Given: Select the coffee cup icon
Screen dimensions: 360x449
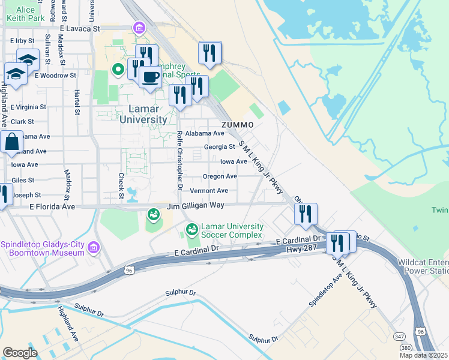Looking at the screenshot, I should pyautogui.click(x=150, y=77).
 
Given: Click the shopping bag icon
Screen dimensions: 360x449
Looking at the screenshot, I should pyautogui.click(x=11, y=143).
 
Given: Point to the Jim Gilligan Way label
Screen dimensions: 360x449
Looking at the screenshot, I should pyautogui.click(x=196, y=205).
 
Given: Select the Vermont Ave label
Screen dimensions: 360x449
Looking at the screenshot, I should pyautogui.click(x=209, y=191).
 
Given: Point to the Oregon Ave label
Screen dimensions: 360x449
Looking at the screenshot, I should pyautogui.click(x=220, y=176).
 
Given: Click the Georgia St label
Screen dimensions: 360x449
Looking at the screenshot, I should pyautogui.click(x=219, y=146).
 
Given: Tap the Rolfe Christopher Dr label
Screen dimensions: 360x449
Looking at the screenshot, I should pyautogui.click(x=179, y=160).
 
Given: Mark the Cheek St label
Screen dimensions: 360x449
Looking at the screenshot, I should pyautogui.click(x=121, y=185).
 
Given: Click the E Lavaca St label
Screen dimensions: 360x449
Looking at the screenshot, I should pyautogui.click(x=79, y=28).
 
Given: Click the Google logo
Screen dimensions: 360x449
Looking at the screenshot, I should pyautogui.click(x=20, y=352).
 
